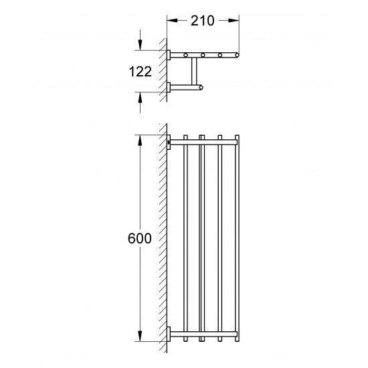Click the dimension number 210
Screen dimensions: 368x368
coord(202,21)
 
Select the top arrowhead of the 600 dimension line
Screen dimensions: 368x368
coord(140,141)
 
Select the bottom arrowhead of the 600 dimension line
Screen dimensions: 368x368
coord(140,334)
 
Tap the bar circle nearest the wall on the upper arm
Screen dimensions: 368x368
coord(186,55)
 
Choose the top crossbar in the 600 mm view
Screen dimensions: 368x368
coord(204,142)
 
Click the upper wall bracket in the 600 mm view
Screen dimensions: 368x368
coord(169,142)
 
